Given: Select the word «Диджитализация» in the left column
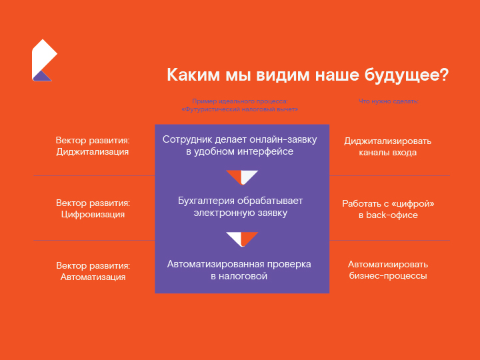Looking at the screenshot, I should (92, 152).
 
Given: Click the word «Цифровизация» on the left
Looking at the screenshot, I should (92, 215).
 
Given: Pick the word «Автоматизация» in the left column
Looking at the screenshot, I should (93, 277).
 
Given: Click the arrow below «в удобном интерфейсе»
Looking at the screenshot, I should (241, 177).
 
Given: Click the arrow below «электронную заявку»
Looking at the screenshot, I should (241, 239).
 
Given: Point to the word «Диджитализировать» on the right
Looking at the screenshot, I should (387, 141).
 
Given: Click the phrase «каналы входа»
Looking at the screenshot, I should (387, 153).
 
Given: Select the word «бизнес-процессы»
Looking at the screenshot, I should (387, 275).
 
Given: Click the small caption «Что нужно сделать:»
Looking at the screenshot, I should (388, 101).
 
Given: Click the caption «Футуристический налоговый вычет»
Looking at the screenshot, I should (240, 109).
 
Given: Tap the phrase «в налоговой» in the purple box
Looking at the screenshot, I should (239, 276).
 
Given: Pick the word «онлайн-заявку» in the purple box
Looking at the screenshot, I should (287, 139).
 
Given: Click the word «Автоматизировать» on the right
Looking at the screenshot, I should (387, 264).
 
